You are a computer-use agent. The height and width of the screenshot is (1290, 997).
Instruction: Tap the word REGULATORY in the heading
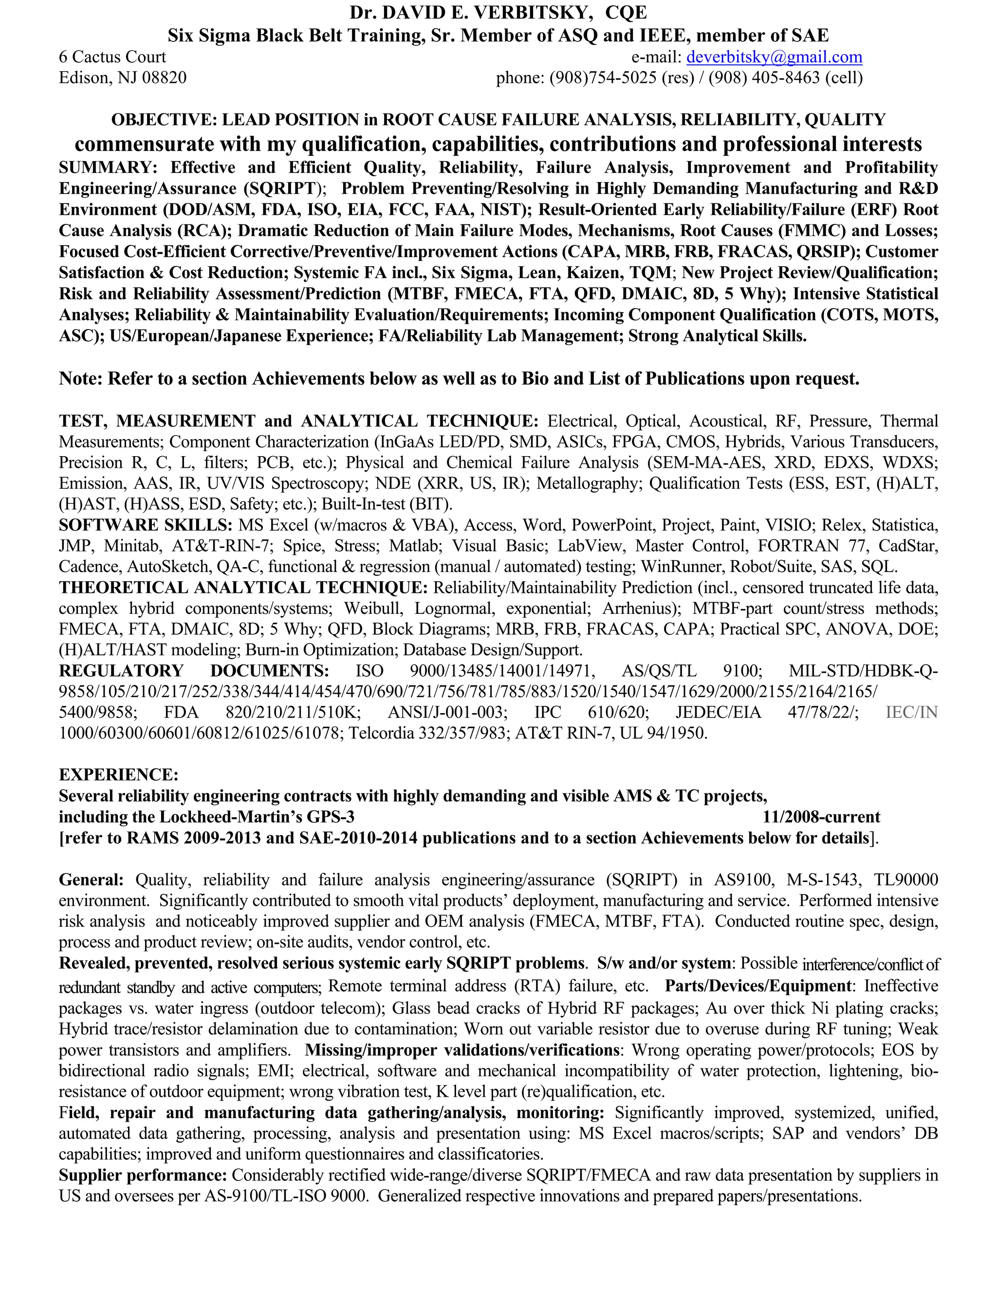pyautogui.click(x=121, y=671)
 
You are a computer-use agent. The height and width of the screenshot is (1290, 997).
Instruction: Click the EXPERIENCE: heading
pyautogui.click(x=118, y=775)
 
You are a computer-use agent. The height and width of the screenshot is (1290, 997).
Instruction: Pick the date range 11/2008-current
pyautogui.click(x=821, y=817)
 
